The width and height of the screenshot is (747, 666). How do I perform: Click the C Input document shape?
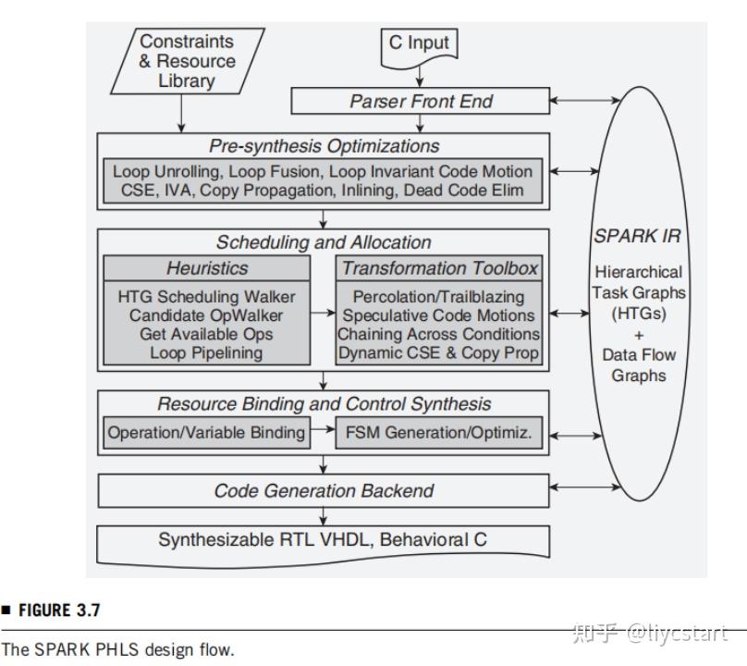pyautogui.click(x=419, y=44)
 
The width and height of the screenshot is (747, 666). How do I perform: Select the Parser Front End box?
pyautogui.click(x=421, y=101)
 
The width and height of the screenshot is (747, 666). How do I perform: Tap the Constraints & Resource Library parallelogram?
pyautogui.click(x=187, y=60)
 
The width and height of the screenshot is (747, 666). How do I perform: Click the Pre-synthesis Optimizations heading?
pyautogui.click(x=324, y=146)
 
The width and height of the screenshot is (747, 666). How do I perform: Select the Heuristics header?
pyautogui.click(x=207, y=268)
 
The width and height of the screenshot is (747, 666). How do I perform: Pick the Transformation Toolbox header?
pyautogui.click(x=440, y=268)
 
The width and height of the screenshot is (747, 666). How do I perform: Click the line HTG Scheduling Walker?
pyautogui.click(x=207, y=297)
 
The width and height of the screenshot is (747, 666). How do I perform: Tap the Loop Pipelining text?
pyautogui.click(x=207, y=352)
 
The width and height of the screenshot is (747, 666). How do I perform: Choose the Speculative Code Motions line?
pyautogui.click(x=439, y=315)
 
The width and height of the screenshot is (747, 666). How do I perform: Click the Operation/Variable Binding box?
pyautogui.click(x=206, y=432)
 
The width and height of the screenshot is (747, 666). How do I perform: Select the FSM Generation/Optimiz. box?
pyautogui.click(x=438, y=432)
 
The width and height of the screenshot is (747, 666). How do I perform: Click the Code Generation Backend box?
pyautogui.click(x=324, y=490)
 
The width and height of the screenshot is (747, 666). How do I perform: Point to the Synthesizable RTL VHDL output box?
pyautogui.click(x=324, y=540)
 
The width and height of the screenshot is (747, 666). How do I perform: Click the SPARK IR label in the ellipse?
pyautogui.click(x=637, y=236)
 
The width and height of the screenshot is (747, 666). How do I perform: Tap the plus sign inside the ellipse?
pyautogui.click(x=638, y=335)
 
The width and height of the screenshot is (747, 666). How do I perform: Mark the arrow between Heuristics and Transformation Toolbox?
pyautogui.click(x=322, y=314)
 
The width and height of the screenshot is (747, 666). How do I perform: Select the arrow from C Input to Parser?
pyautogui.click(x=419, y=74)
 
